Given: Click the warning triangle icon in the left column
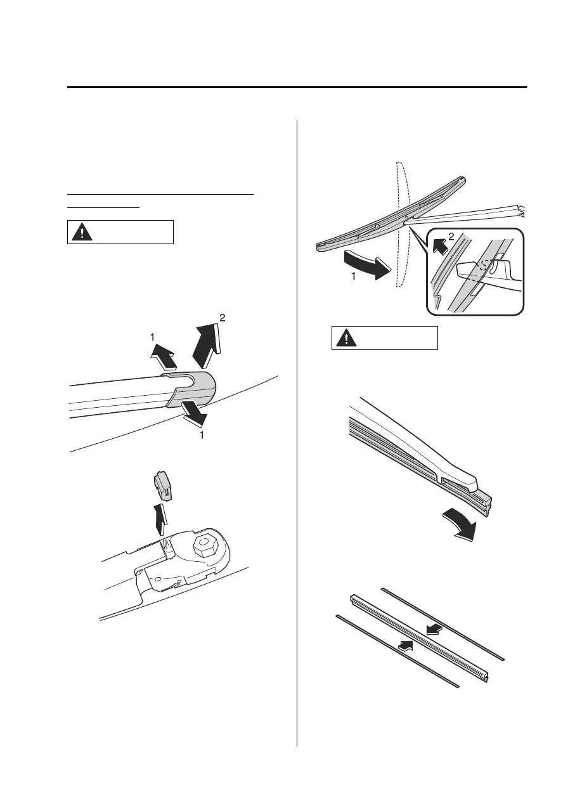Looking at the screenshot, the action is coord(81,232).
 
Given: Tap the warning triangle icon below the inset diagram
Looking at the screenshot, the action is coord(346,338).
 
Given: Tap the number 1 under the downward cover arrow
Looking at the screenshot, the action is coord(202,436).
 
